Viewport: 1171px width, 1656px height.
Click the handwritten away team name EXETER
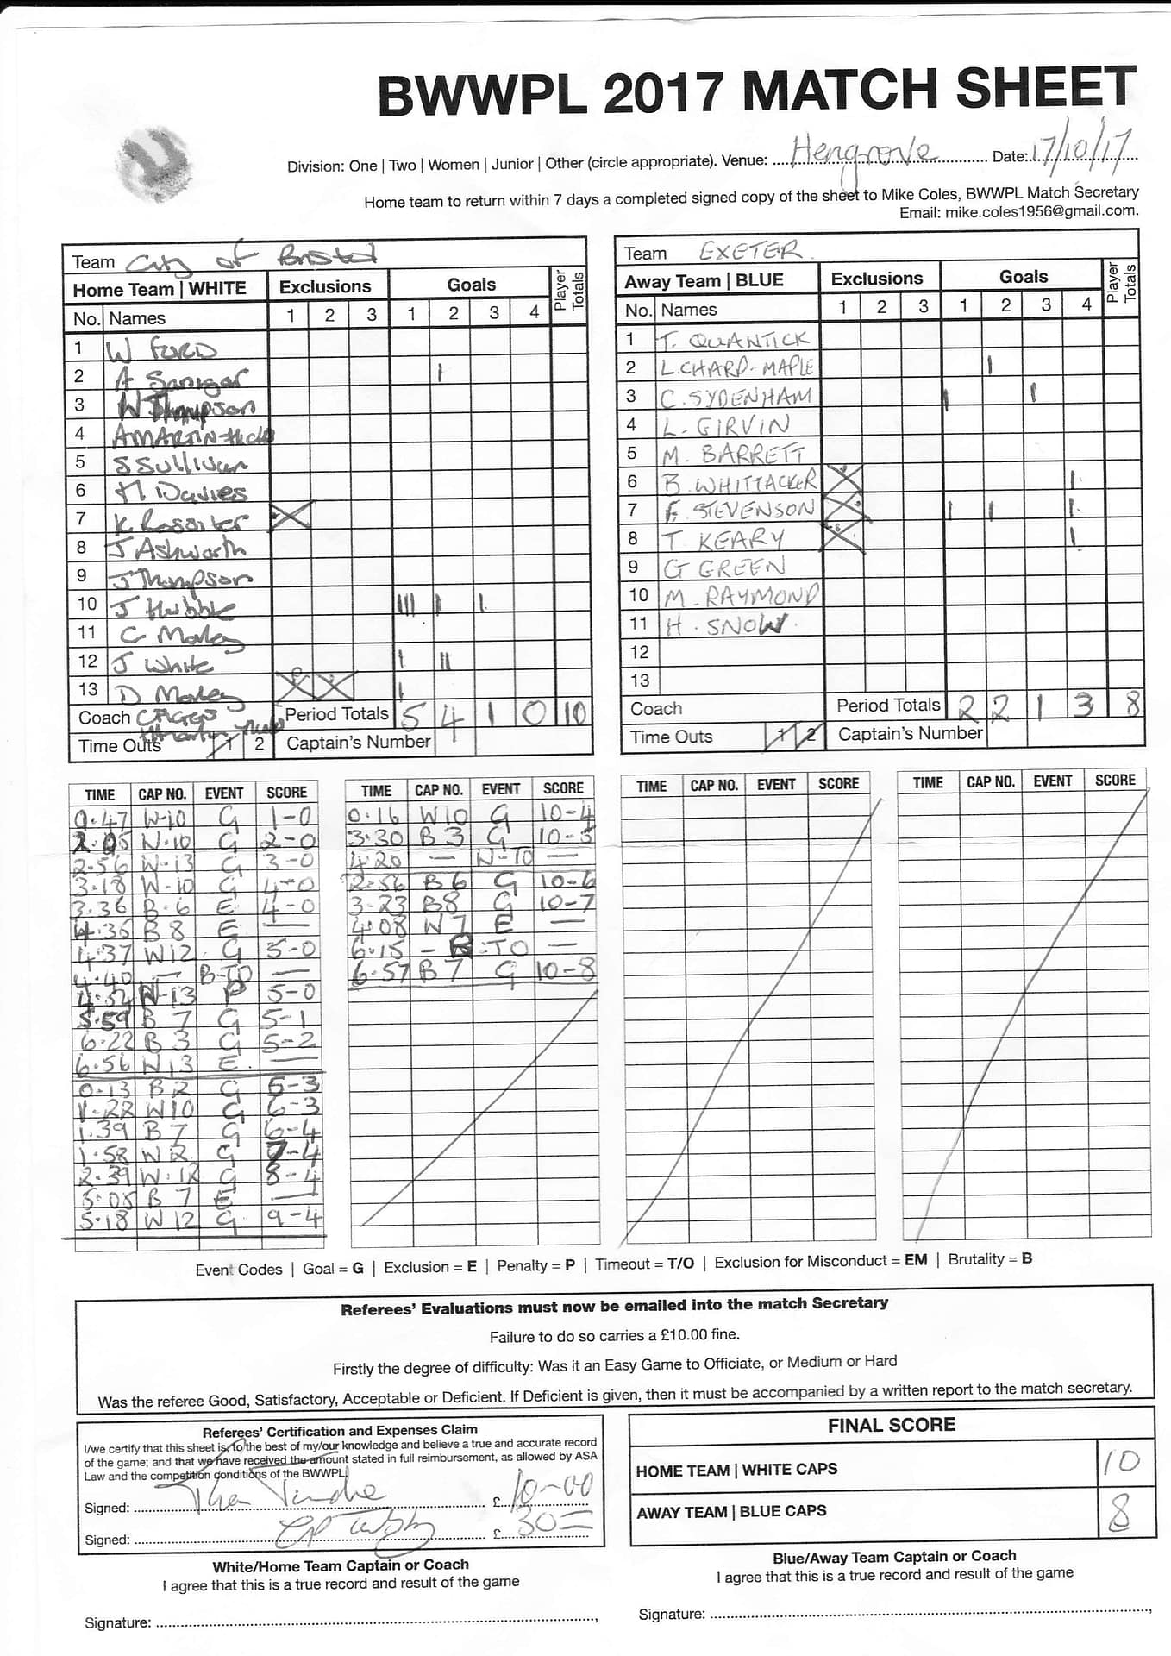coord(750,251)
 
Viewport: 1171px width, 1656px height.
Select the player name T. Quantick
coord(735,339)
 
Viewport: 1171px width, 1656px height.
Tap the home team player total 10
coord(573,713)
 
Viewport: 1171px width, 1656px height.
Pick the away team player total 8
coord(1131,705)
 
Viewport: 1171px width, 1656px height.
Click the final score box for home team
coord(1124,1461)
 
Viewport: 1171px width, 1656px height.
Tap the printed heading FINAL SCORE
coord(891,1425)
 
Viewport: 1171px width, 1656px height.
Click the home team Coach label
coord(103,718)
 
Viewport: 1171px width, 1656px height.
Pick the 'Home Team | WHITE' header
coord(160,289)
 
